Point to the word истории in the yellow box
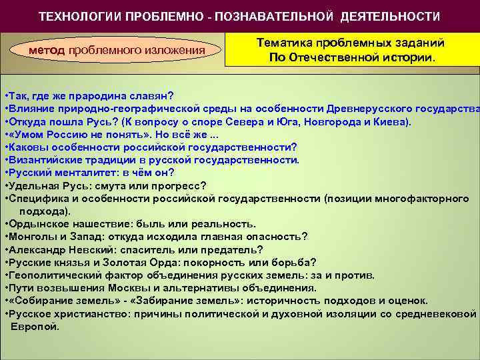(407, 57)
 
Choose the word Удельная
(30, 185)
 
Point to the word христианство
(85, 313)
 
